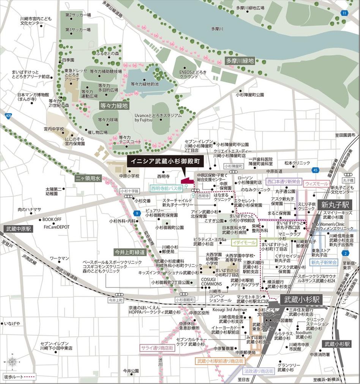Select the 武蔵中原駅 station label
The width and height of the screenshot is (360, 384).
click(19, 229)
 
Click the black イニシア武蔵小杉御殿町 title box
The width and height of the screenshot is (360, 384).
click(166, 161)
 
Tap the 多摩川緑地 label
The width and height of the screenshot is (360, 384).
click(240, 61)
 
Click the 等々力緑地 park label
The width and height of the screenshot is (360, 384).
click(114, 106)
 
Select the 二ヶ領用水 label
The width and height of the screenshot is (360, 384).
click(88, 178)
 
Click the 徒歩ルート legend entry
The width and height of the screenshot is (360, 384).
click(19, 377)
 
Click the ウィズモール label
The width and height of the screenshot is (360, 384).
click(316, 183)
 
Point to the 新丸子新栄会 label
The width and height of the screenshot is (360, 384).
click(324, 262)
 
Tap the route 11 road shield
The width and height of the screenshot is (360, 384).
click(344, 13)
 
